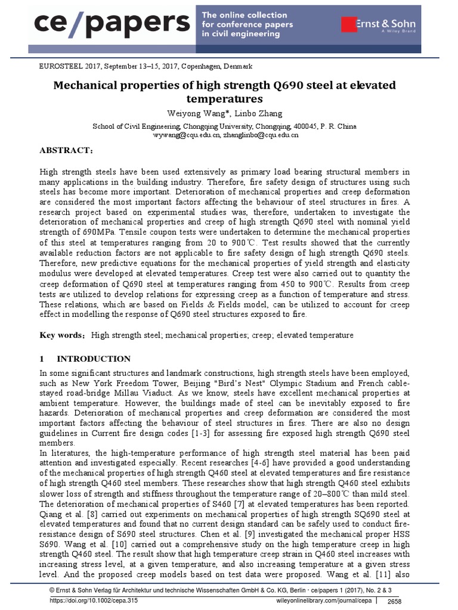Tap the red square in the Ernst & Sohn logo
tap(349, 24)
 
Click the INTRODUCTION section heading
tap(93, 359)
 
